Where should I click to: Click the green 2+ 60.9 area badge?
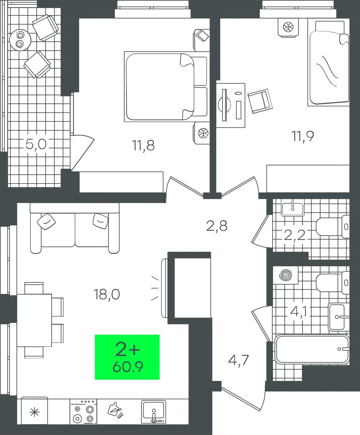click(x=127, y=357)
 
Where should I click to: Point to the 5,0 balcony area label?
click(x=36, y=144)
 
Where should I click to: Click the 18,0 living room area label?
click(x=107, y=294)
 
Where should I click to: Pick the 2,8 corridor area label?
click(x=217, y=226)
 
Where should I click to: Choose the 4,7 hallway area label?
click(x=238, y=360)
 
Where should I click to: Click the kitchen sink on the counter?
click(x=154, y=412)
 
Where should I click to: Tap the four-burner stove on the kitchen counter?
click(x=83, y=412)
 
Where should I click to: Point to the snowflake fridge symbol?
click(x=35, y=412)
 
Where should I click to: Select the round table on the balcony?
click(x=20, y=40)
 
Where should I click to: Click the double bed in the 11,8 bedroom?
click(x=166, y=87)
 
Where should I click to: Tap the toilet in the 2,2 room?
click(x=332, y=227)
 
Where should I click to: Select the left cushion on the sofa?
click(x=46, y=222)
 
